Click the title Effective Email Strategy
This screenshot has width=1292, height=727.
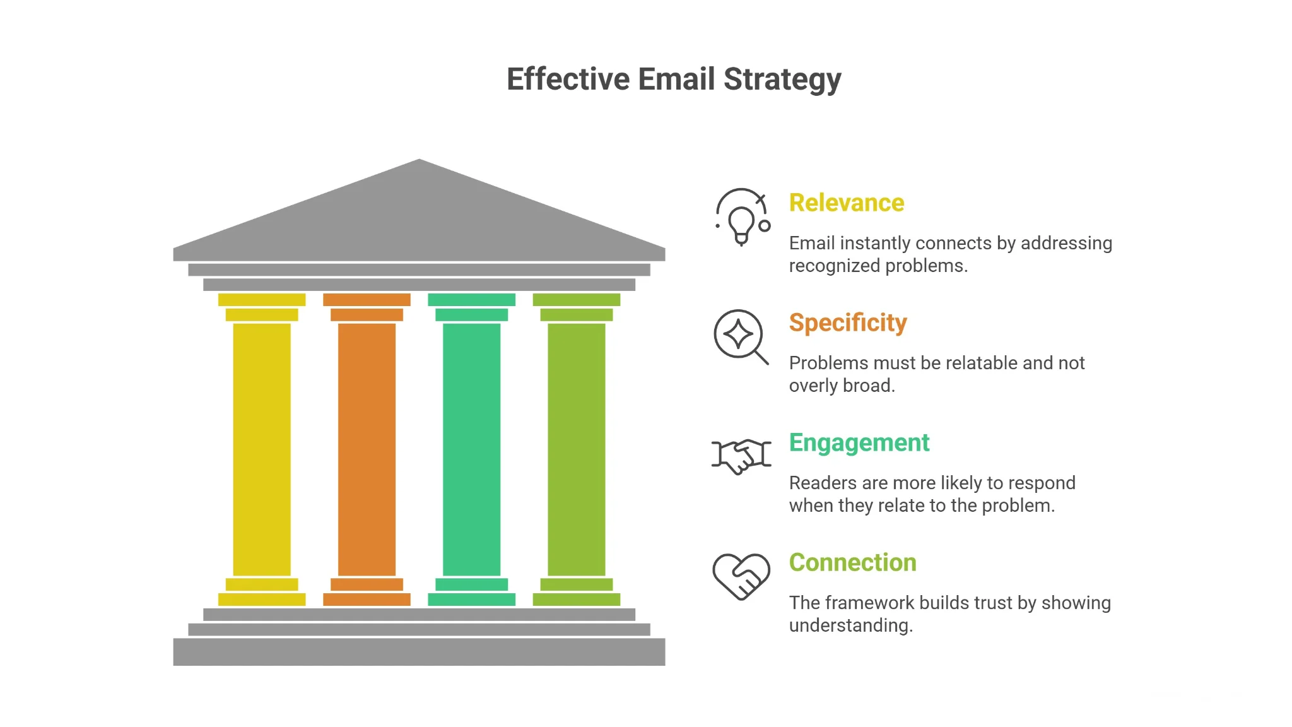674,80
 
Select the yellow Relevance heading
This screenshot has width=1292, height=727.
847,203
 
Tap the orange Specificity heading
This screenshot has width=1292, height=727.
848,323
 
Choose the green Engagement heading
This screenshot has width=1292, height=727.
859,443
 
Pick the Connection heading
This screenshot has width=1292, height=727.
852,562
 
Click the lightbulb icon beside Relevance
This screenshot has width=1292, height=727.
743,217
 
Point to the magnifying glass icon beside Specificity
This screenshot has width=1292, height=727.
741,336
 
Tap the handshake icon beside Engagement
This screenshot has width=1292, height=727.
741,456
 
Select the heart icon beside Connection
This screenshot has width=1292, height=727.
741,576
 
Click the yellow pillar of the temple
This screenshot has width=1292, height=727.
262,449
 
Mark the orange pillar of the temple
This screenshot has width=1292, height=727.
367,449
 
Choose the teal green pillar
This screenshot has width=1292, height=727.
472,449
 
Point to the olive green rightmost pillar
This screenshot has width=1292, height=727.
577,449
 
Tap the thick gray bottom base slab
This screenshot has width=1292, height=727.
419,652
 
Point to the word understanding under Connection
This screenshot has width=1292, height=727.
851,626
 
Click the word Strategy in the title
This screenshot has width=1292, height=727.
782,80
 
